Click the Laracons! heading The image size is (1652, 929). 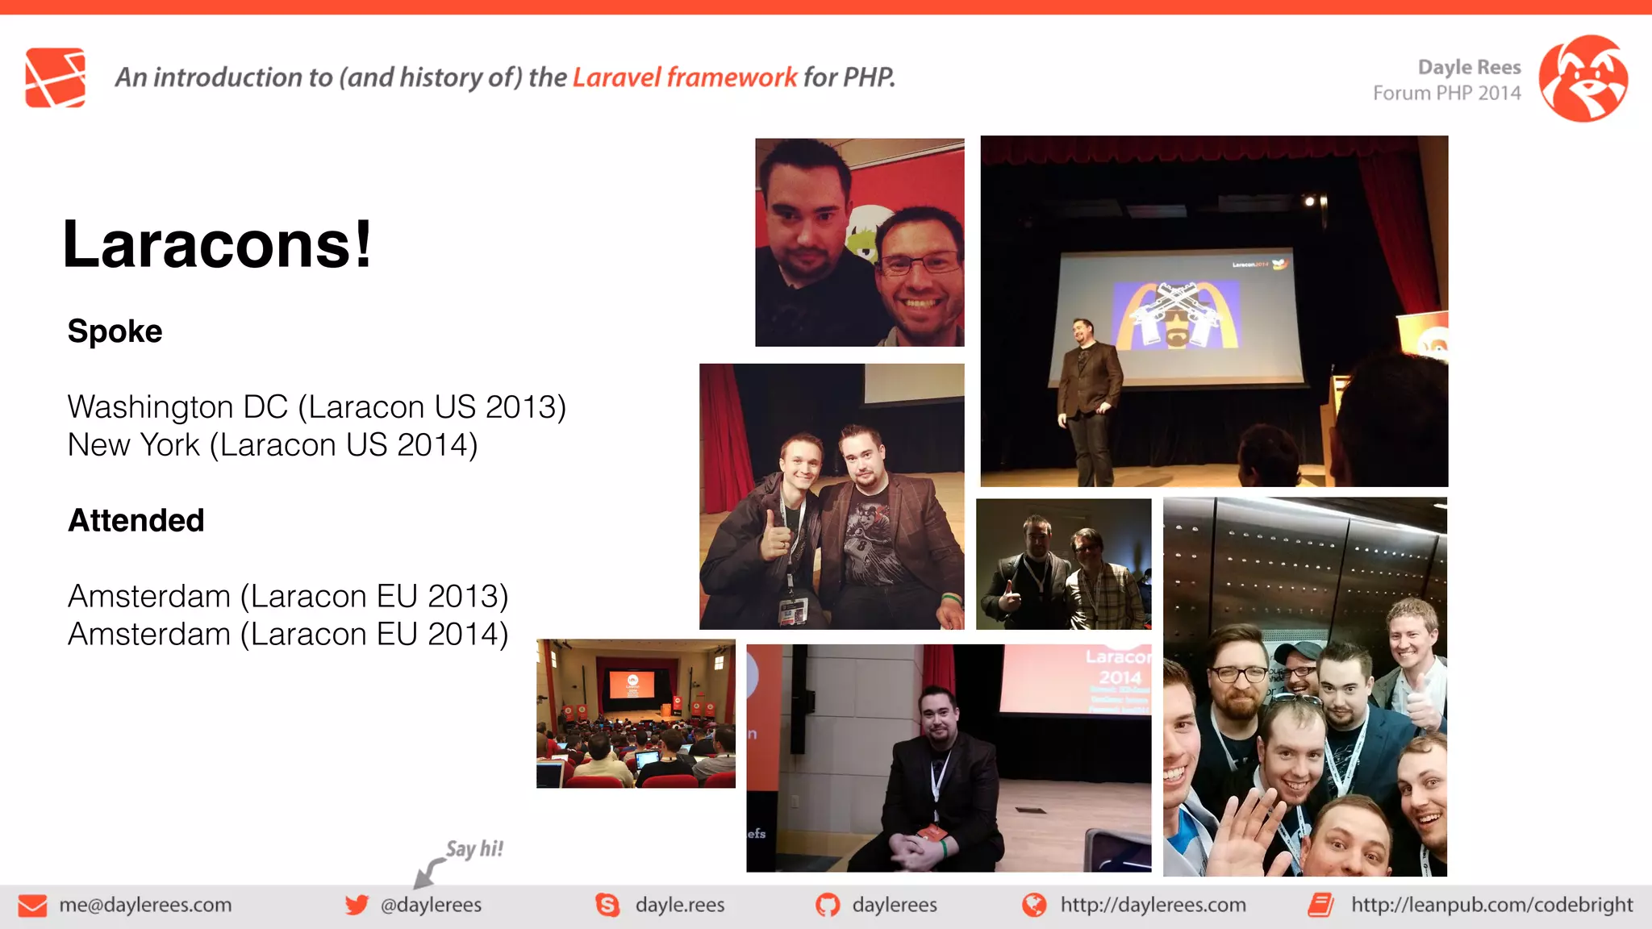click(217, 245)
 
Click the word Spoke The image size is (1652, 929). click(115, 331)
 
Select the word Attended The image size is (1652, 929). click(136, 521)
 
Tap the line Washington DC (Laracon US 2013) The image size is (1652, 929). click(316, 407)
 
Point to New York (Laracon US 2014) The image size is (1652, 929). click(273, 445)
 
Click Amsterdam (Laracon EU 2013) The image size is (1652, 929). click(288, 597)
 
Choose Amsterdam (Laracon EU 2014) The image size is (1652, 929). click(288, 635)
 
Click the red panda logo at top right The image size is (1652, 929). click(1583, 78)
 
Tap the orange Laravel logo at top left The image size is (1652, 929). click(55, 77)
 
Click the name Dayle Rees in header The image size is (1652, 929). click(1469, 67)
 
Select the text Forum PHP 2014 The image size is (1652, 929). click(1446, 94)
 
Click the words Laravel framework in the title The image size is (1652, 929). click(684, 77)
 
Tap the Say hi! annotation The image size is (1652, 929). click(474, 849)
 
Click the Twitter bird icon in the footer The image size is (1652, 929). click(357, 905)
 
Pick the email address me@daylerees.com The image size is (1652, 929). click(145, 905)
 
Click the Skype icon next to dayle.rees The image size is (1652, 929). click(607, 905)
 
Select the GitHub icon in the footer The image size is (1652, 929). click(827, 905)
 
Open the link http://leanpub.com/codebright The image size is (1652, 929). click(1491, 905)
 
